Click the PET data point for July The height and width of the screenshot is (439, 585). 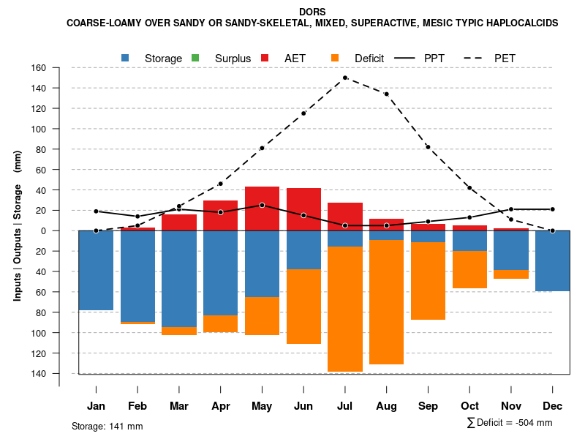point(344,78)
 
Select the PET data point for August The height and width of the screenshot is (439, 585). point(386,94)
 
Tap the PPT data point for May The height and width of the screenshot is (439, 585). point(262,205)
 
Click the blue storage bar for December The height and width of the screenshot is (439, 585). point(552,260)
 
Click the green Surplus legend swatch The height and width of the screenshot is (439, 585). point(195,58)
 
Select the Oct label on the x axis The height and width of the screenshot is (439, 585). point(469,406)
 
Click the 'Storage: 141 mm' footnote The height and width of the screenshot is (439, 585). point(107,426)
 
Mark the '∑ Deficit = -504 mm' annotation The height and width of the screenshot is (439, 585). point(509,423)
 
